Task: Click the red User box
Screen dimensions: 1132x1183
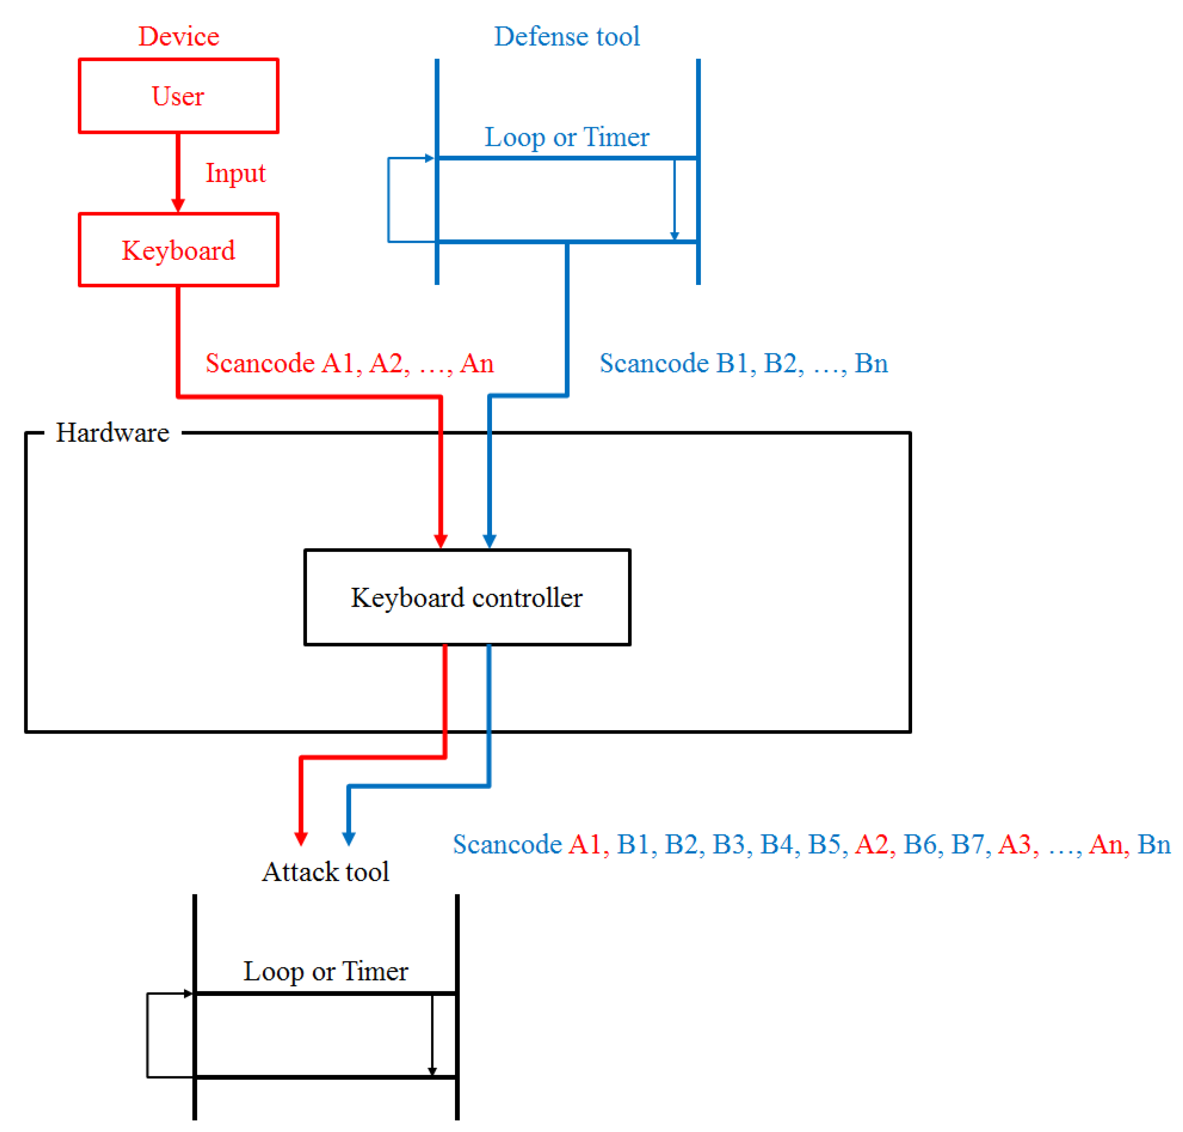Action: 179,96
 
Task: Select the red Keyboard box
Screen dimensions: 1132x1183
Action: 179,250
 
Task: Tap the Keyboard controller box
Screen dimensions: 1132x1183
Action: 467,597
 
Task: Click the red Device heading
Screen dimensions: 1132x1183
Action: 179,36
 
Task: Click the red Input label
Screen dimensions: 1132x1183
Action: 235,173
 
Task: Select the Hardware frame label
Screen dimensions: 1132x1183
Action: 112,432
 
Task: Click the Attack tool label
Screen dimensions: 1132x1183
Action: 325,871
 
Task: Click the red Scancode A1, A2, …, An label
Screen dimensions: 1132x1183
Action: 349,363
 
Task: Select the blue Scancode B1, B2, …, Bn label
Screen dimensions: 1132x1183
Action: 743,363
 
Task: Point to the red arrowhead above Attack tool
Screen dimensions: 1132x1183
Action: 301,838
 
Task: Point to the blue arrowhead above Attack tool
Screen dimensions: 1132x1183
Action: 349,838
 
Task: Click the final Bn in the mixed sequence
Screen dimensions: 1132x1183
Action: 1153,844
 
